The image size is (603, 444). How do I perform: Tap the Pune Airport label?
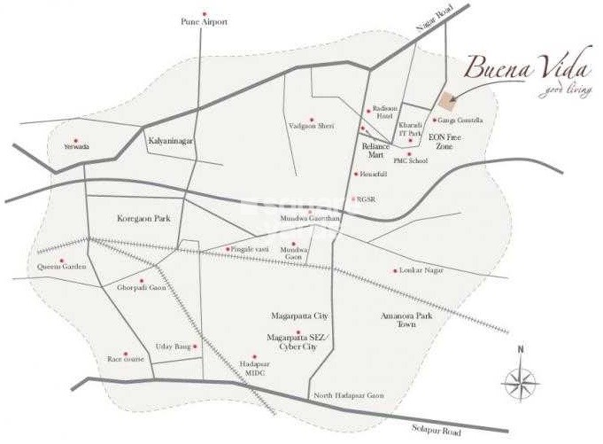tap(205, 21)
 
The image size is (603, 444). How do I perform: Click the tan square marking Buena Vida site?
tap(448, 98)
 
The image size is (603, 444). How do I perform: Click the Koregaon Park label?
tap(143, 217)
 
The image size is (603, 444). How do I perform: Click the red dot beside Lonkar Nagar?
tap(395, 270)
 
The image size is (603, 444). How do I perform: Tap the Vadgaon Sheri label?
tap(312, 127)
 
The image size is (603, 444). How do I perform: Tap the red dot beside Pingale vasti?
tap(228, 249)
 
